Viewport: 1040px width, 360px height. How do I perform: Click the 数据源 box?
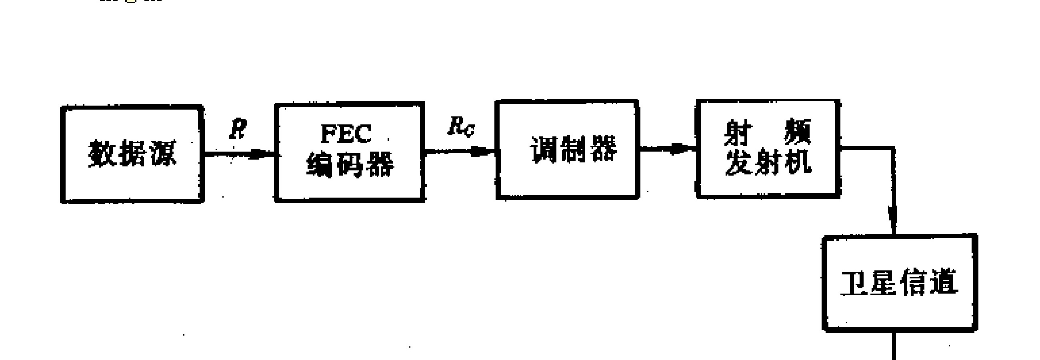point(132,154)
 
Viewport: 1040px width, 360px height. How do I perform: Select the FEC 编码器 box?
point(350,152)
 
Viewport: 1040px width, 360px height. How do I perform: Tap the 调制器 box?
point(567,149)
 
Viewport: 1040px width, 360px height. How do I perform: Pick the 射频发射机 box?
point(768,148)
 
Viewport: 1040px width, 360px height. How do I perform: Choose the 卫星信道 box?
point(900,283)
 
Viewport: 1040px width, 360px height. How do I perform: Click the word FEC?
point(346,134)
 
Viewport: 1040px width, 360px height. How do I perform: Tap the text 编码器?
point(350,165)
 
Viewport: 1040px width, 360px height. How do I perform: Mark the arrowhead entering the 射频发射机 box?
point(682,149)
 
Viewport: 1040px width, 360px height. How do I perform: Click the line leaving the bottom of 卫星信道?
point(894,346)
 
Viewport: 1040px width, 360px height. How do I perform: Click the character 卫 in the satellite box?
point(855,283)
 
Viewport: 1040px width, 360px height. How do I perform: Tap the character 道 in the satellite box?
point(944,282)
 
